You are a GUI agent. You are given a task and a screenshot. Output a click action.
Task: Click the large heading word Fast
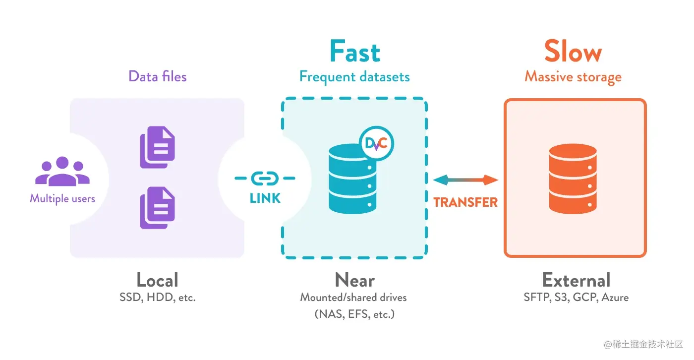(x=355, y=52)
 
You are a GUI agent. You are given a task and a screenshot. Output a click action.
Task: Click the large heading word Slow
(x=573, y=52)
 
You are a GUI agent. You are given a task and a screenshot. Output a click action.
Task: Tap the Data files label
(x=157, y=76)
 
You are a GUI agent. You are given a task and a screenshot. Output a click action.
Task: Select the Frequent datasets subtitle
(x=354, y=77)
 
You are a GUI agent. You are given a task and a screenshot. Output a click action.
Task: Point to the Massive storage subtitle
(x=573, y=77)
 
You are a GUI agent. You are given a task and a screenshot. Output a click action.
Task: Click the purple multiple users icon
(x=62, y=172)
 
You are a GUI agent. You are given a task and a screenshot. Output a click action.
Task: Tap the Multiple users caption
(x=62, y=199)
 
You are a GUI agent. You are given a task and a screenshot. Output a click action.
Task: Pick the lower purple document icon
(x=157, y=208)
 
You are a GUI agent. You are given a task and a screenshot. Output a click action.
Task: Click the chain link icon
(x=265, y=178)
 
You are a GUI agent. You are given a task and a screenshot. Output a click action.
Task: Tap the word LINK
(x=265, y=198)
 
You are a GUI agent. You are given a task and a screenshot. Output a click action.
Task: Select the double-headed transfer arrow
(x=465, y=180)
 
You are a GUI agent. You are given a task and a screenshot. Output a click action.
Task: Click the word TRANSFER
(x=465, y=202)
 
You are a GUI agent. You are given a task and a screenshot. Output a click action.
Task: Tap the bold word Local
(x=157, y=280)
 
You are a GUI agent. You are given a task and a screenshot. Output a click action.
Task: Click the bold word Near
(x=354, y=280)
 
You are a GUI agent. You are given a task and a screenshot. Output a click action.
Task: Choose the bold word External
(x=576, y=280)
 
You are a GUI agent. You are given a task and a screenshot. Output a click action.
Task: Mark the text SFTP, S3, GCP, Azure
(x=576, y=298)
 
